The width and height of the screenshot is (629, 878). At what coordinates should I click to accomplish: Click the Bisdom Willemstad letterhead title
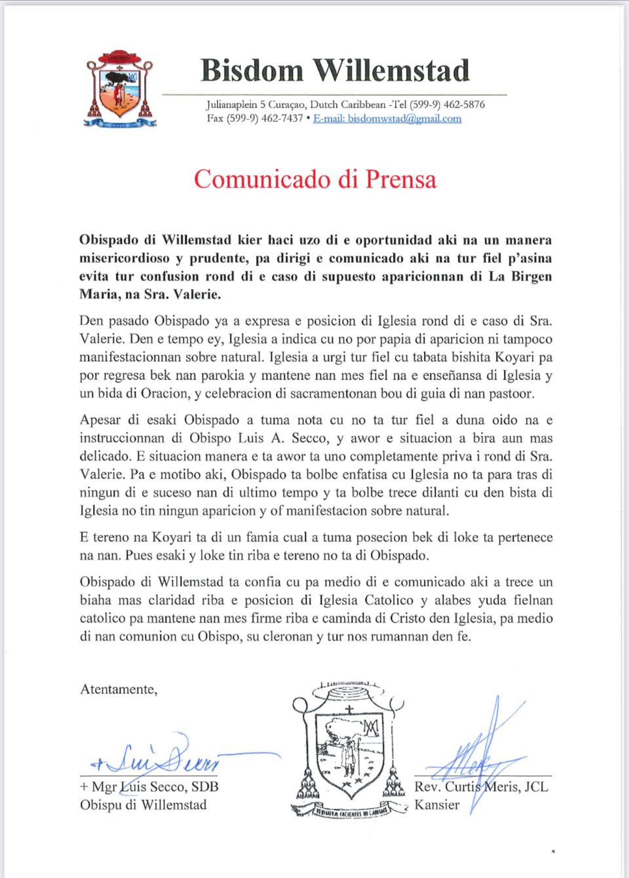point(335,71)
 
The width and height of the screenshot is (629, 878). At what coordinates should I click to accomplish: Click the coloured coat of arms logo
point(121,88)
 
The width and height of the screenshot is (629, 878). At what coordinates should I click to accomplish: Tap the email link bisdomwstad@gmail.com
point(387,119)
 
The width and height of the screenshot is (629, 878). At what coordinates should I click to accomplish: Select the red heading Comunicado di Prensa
point(314,179)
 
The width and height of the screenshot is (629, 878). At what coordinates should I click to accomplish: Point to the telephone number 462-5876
point(464,104)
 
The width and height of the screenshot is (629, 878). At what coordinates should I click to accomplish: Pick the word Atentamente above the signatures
point(119,689)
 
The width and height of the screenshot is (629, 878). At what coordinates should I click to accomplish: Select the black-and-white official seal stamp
point(349,750)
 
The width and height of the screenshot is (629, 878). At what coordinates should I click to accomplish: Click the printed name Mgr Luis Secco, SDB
point(149,787)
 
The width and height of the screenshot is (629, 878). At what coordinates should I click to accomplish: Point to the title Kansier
point(437,805)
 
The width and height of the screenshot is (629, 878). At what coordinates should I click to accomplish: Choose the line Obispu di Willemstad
point(143,805)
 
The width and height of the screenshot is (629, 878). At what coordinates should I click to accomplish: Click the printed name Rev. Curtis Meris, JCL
point(481,787)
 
